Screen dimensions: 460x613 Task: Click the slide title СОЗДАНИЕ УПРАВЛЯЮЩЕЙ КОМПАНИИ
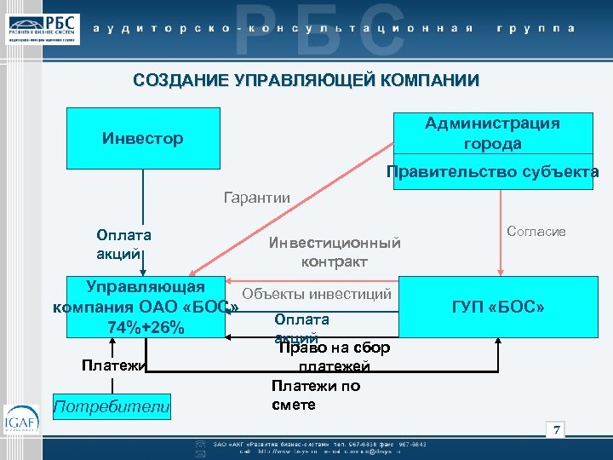click(306, 81)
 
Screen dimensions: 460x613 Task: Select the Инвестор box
click(142, 138)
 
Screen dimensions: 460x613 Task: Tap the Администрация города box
click(493, 133)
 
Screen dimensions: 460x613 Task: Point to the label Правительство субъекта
click(493, 172)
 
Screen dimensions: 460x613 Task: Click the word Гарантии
click(256, 198)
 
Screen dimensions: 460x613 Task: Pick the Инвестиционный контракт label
click(335, 252)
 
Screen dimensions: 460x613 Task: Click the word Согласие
click(536, 232)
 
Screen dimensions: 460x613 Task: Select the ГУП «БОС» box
click(499, 306)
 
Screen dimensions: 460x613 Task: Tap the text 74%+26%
click(146, 328)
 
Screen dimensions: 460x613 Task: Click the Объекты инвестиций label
click(317, 295)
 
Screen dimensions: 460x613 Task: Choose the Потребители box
click(112, 406)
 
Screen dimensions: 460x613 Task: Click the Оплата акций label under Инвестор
click(124, 244)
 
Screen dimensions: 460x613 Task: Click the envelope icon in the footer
click(200, 454)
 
